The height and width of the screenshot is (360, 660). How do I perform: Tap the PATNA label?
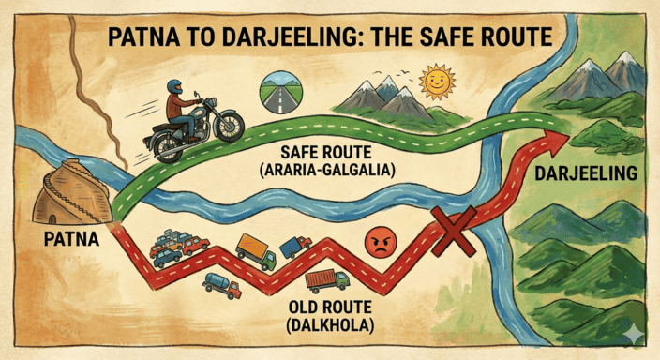click(71, 240)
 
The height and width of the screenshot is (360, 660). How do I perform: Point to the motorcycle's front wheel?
click(227, 127)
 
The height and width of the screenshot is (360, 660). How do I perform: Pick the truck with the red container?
click(327, 280)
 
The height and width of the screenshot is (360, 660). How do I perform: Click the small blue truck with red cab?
click(293, 247)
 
